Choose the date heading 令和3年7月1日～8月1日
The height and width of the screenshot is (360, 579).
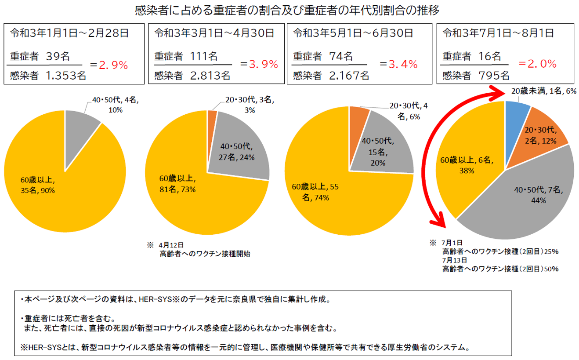click(x=498, y=33)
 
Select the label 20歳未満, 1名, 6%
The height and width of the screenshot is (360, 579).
click(x=543, y=91)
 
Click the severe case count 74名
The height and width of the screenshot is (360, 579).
click(x=341, y=56)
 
